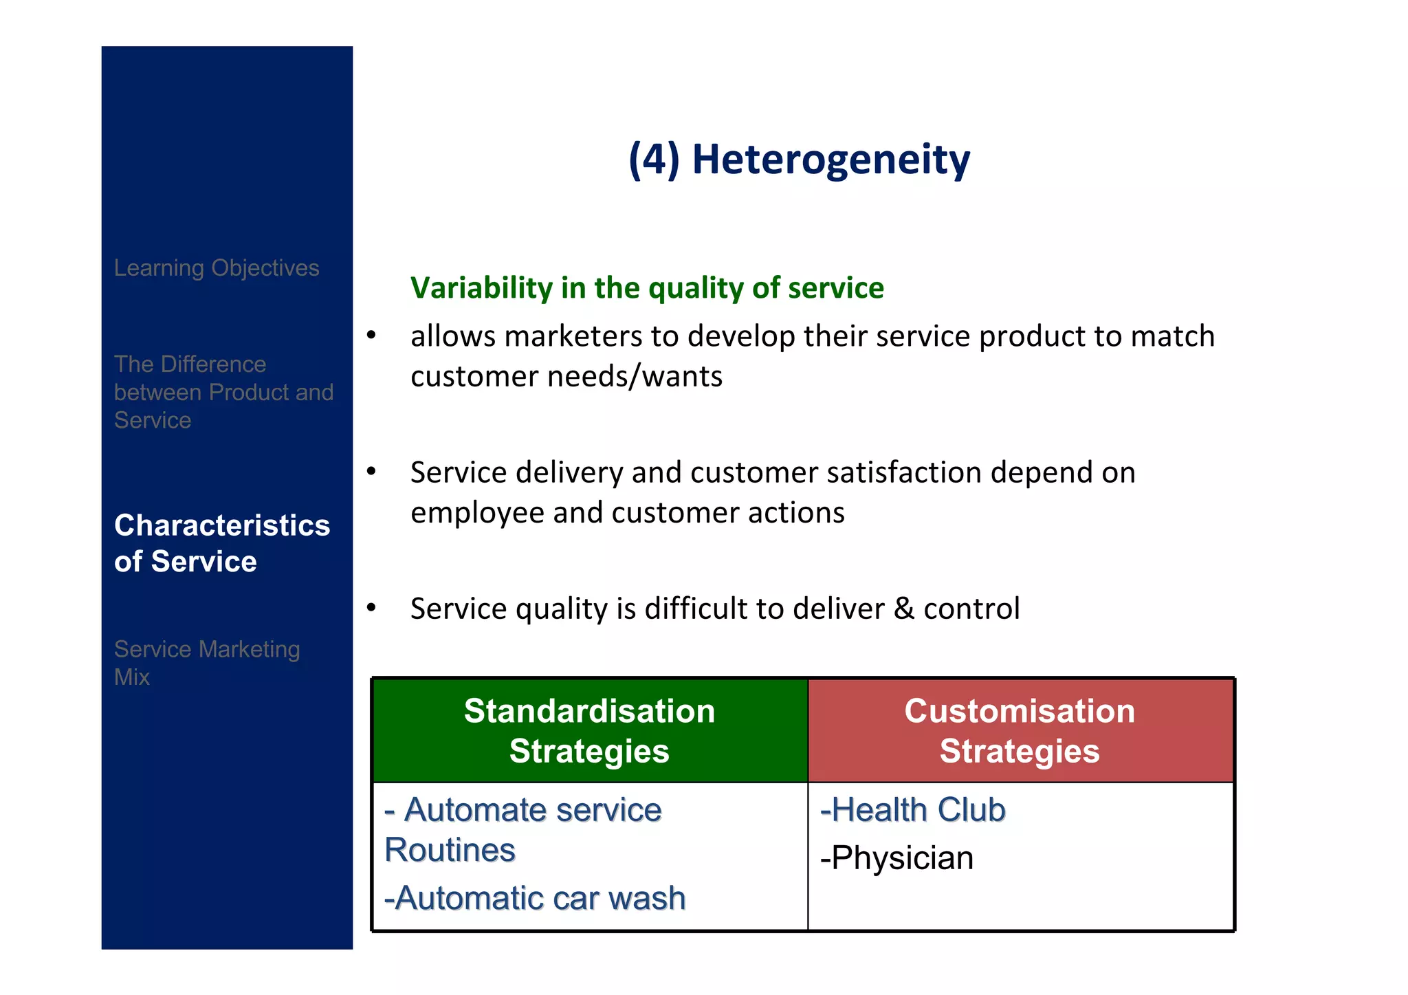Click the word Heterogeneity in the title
pos(830,160)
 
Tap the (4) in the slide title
pos(654,160)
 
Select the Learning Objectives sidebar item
pos(217,267)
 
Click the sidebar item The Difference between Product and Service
pos(223,392)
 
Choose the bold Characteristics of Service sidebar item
pos(221,543)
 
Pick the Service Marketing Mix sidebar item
pos(206,662)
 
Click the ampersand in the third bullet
pos(904,609)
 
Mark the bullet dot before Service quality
pos(371,608)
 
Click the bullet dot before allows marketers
pos(371,336)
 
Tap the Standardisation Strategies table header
pos(589,730)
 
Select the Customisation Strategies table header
pos(1020,730)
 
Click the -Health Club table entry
pos(912,809)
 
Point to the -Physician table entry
pos(896,858)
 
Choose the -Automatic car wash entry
pos(535,898)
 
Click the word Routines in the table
pos(450,850)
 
